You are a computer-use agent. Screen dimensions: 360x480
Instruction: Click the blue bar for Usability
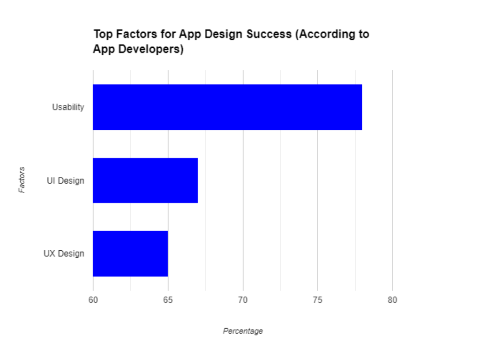tap(227, 107)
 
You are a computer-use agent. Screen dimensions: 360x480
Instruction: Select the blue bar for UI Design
tap(145, 180)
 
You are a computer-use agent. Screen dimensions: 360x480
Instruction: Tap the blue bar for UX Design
tap(130, 254)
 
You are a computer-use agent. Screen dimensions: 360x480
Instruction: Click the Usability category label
tap(68, 107)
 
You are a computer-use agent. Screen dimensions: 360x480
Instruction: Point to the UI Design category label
tap(66, 180)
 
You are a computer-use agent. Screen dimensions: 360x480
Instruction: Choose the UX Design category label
tap(64, 254)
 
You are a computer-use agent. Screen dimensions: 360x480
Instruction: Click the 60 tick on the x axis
tap(93, 300)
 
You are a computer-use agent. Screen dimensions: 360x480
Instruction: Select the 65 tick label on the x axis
tap(168, 300)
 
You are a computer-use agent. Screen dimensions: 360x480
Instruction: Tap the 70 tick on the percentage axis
tap(243, 300)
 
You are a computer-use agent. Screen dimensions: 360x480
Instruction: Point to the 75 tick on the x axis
tap(317, 300)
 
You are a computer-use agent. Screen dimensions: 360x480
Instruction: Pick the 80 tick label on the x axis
tap(392, 300)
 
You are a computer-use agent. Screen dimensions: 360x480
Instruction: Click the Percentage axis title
tap(243, 331)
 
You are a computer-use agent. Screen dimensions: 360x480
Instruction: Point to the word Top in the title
tap(103, 35)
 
